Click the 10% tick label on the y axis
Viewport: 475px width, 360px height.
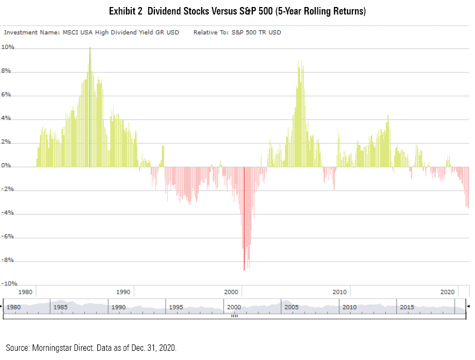(x=8, y=47)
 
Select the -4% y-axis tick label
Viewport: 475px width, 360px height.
(x=9, y=213)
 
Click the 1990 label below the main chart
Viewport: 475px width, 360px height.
(x=123, y=292)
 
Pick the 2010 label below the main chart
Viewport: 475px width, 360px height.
(x=339, y=292)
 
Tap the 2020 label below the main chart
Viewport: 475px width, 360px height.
(x=448, y=292)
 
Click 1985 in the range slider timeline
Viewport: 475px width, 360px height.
(x=61, y=307)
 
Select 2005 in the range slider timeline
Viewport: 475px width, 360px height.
(x=292, y=307)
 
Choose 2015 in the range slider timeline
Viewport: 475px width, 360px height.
(x=407, y=307)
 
